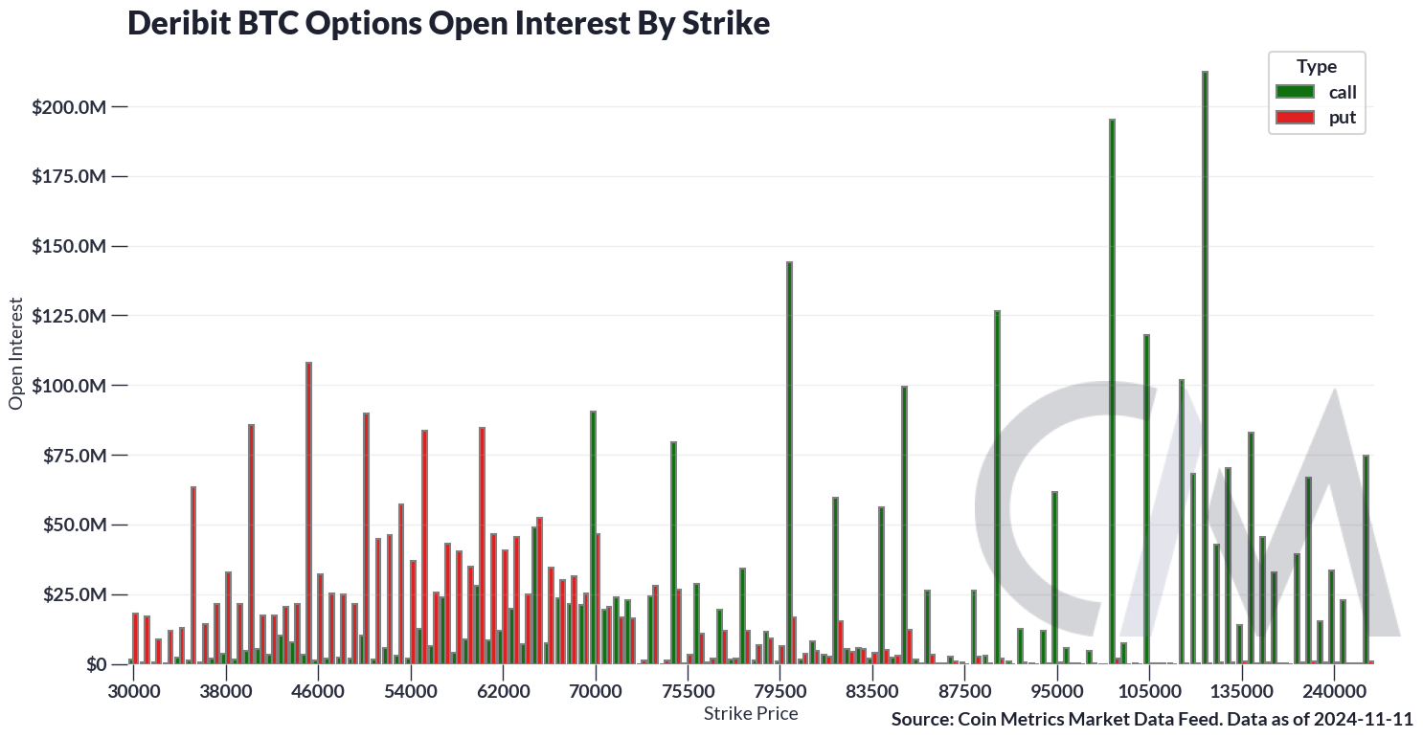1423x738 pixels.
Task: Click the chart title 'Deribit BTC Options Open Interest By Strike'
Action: (x=448, y=24)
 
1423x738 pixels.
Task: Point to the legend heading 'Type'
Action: (x=1316, y=66)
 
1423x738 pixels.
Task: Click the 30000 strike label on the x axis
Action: (x=133, y=690)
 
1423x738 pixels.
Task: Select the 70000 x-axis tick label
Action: (x=596, y=690)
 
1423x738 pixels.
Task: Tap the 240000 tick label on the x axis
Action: (x=1333, y=690)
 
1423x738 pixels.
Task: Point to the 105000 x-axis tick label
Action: (x=1148, y=690)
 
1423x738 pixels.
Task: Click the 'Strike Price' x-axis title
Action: (x=750, y=713)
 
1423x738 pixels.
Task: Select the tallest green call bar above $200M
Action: (x=1204, y=368)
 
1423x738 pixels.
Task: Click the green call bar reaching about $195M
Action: (x=1112, y=391)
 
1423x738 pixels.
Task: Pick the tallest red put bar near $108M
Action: (x=308, y=513)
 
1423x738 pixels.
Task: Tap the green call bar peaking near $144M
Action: (x=789, y=463)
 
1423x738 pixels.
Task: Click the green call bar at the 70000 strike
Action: (x=593, y=537)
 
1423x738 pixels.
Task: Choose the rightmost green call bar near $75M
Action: (x=1366, y=560)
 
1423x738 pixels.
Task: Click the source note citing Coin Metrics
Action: (x=1151, y=719)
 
